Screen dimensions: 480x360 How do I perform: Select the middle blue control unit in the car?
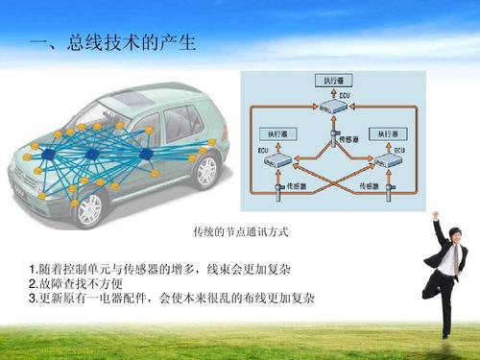tap(93, 155)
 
